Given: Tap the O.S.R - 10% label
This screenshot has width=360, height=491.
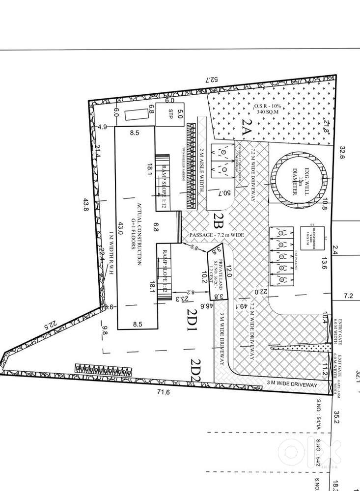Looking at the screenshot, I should pos(266,106).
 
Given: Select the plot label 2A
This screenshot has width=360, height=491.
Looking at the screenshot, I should pos(246,128).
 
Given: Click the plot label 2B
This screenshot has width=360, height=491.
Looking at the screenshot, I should pos(219,220).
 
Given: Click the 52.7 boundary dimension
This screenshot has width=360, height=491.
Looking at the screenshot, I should pos(211,80).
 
